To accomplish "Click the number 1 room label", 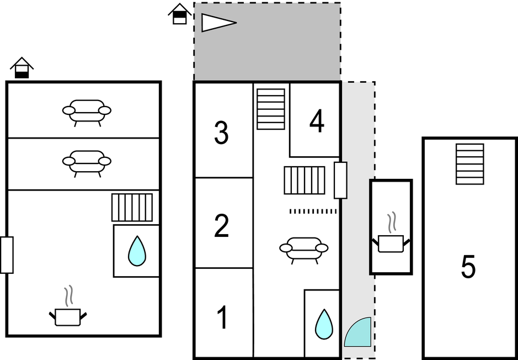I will point(222,318).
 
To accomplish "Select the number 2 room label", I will point(221,226).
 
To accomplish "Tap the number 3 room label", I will point(221,134).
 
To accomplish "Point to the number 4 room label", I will point(317,123).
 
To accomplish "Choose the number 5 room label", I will point(468,267).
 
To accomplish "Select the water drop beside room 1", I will point(323,324).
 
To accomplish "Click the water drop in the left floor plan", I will point(137,251).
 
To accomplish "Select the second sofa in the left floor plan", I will point(87,162).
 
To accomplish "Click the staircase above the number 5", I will point(470,164).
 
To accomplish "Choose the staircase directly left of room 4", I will point(271,109).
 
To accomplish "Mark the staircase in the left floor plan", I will point(132,208).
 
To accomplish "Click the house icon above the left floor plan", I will point(22,68).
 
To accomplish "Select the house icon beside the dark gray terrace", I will point(179,14).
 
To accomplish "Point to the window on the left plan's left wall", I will point(7,255).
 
